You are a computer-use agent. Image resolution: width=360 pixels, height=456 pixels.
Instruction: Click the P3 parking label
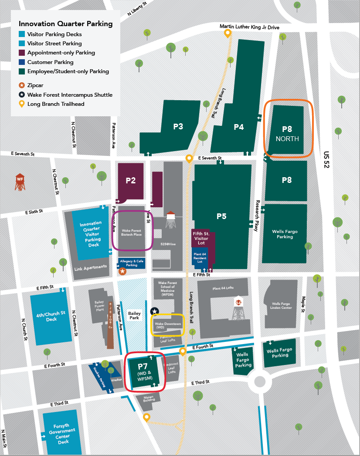[178, 127]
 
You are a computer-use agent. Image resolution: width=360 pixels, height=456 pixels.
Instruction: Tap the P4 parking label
[238, 127]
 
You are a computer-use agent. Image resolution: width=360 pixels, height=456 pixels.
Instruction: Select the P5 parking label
[221, 216]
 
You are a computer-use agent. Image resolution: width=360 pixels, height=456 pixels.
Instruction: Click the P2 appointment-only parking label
[131, 180]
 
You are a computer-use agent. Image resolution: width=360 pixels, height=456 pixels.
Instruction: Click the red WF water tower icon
[20, 182]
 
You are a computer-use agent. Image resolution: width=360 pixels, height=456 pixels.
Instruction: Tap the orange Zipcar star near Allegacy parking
[122, 271]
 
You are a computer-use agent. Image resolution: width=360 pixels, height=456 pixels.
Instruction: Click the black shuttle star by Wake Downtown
[154, 311]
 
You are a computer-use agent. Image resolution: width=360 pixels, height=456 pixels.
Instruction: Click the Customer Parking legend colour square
[22, 62]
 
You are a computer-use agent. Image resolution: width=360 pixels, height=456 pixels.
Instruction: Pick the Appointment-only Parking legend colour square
[22, 53]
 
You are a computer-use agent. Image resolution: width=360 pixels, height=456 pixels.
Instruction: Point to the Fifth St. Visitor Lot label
[201, 238]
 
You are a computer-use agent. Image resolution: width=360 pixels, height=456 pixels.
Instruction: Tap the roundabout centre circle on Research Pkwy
[260, 382]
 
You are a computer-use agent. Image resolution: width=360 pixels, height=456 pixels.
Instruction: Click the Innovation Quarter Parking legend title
[65, 24]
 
